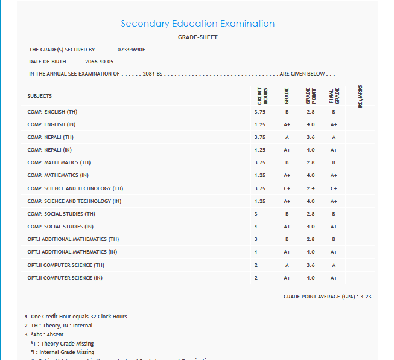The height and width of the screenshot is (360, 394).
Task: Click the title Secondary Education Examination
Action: pyautogui.click(x=197, y=24)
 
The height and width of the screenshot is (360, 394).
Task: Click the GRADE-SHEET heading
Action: pyautogui.click(x=197, y=37)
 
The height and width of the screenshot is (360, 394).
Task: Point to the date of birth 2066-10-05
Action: pyautogui.click(x=100, y=62)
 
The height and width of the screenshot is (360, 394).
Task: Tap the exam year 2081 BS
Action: pyautogui.click(x=153, y=74)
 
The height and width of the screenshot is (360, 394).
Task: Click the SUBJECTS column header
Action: pyautogui.click(x=39, y=96)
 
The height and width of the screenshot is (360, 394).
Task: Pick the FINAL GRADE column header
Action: pyautogui.click(x=333, y=97)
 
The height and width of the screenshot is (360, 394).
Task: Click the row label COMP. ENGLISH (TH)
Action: pyautogui.click(x=52, y=112)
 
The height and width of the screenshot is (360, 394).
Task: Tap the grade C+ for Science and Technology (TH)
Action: pyautogui.click(x=287, y=188)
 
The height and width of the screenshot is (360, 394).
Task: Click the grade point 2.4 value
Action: pyautogui.click(x=310, y=188)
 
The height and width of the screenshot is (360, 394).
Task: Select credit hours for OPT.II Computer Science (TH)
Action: pyautogui.click(x=256, y=265)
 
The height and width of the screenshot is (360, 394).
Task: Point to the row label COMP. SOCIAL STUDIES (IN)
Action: pyautogui.click(x=60, y=227)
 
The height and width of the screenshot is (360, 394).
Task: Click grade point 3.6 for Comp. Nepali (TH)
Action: pyautogui.click(x=310, y=137)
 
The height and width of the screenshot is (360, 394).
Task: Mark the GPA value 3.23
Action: pyautogui.click(x=365, y=297)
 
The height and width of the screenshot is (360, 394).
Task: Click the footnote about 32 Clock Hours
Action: pyautogui.click(x=77, y=317)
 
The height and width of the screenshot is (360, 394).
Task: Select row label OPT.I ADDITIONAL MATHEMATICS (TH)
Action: pyautogui.click(x=73, y=239)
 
